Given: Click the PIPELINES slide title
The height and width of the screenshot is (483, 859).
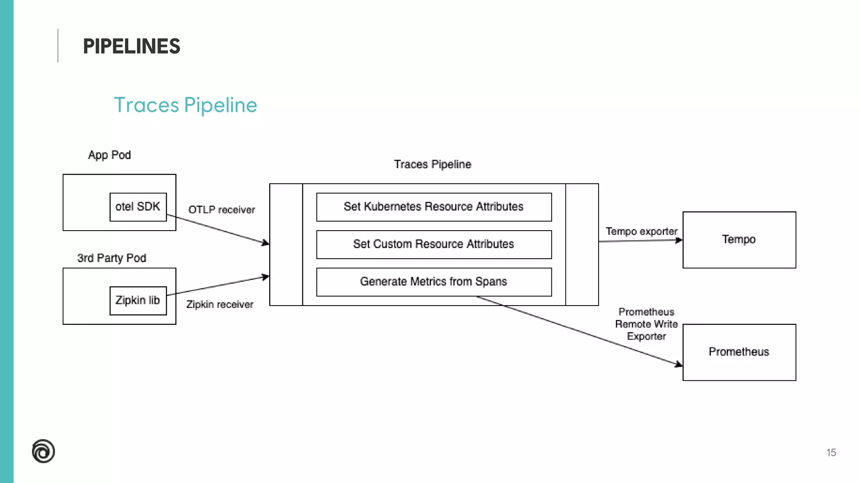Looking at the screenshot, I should [x=131, y=46].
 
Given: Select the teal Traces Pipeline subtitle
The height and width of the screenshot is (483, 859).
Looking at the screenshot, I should [x=185, y=105].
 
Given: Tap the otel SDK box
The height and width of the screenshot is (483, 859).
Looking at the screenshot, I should [x=138, y=207].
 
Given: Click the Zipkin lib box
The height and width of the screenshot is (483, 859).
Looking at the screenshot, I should [x=138, y=300].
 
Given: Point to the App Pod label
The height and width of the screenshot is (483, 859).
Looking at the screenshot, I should [x=109, y=155].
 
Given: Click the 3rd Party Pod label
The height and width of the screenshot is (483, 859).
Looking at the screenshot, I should [x=112, y=258].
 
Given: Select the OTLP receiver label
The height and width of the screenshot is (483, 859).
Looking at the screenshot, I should [x=221, y=210].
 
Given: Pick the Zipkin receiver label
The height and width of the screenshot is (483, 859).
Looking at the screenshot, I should [x=220, y=304].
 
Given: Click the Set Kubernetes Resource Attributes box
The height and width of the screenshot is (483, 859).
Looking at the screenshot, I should [x=434, y=207].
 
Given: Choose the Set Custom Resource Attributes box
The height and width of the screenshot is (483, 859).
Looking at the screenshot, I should [x=434, y=244].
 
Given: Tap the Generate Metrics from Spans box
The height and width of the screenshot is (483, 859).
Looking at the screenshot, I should [x=434, y=282].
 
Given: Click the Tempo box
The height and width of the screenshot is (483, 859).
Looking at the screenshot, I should [x=739, y=239].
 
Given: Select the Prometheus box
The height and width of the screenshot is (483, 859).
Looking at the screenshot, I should [x=739, y=352].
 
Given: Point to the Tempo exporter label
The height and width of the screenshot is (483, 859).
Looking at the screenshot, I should [x=641, y=231].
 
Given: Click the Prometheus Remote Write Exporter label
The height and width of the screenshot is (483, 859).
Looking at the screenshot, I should [x=646, y=324].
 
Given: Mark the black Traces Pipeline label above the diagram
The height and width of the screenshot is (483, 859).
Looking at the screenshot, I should [x=432, y=164].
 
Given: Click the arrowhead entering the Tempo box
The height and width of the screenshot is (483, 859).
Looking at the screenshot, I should [x=679, y=240].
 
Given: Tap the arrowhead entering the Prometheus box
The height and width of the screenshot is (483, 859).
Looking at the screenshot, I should [x=679, y=365].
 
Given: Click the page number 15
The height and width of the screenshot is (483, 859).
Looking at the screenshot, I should [x=831, y=452].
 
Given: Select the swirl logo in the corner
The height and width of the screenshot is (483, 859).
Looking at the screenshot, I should [x=43, y=451].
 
